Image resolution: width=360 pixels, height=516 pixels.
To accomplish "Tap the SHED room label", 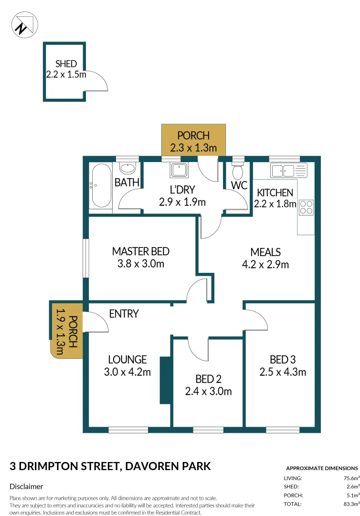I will [x=65, y=64].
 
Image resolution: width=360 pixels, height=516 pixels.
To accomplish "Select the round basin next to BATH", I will [x=127, y=169].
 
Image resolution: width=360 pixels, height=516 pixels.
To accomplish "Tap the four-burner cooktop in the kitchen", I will [x=306, y=206].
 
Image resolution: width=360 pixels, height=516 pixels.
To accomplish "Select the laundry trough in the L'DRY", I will [x=180, y=170].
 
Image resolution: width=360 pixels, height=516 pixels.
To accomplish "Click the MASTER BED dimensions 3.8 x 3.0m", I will [x=140, y=264].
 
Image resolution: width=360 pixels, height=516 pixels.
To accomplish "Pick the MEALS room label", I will [x=266, y=252].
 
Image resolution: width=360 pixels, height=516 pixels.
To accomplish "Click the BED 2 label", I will [x=208, y=379].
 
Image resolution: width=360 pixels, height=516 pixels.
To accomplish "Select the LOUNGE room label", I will [x=127, y=359].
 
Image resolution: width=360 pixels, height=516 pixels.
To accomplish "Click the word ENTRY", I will [x=124, y=314].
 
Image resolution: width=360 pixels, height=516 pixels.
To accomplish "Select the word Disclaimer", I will [x=26, y=486].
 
